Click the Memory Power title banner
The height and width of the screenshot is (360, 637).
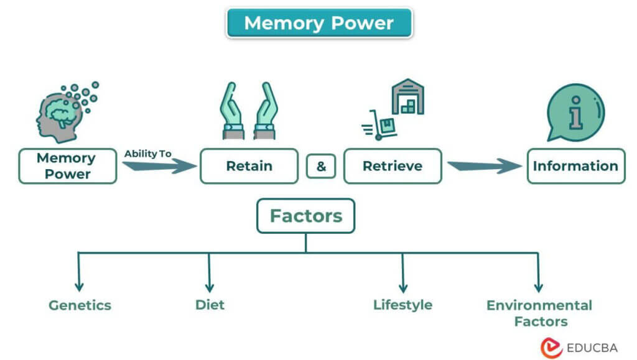tap(318, 23)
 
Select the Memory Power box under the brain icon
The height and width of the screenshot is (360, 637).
tap(67, 166)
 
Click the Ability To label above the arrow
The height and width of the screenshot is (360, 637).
tap(147, 154)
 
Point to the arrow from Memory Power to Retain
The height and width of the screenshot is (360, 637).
tap(159, 166)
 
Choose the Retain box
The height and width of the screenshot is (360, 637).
tap(249, 166)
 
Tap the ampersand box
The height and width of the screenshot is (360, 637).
tap(321, 167)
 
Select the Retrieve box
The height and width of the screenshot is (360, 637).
tap(393, 166)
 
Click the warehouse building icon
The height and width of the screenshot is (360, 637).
tap(407, 96)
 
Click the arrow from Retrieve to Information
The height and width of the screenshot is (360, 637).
tap(484, 166)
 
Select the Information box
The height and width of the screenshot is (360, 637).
tap(575, 166)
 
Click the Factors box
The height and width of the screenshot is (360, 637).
tap(305, 216)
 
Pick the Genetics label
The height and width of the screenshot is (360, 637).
tap(80, 305)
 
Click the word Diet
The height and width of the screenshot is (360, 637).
tap(210, 305)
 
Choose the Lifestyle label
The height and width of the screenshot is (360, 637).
tap(402, 305)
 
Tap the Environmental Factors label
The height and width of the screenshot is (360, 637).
tap(539, 313)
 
